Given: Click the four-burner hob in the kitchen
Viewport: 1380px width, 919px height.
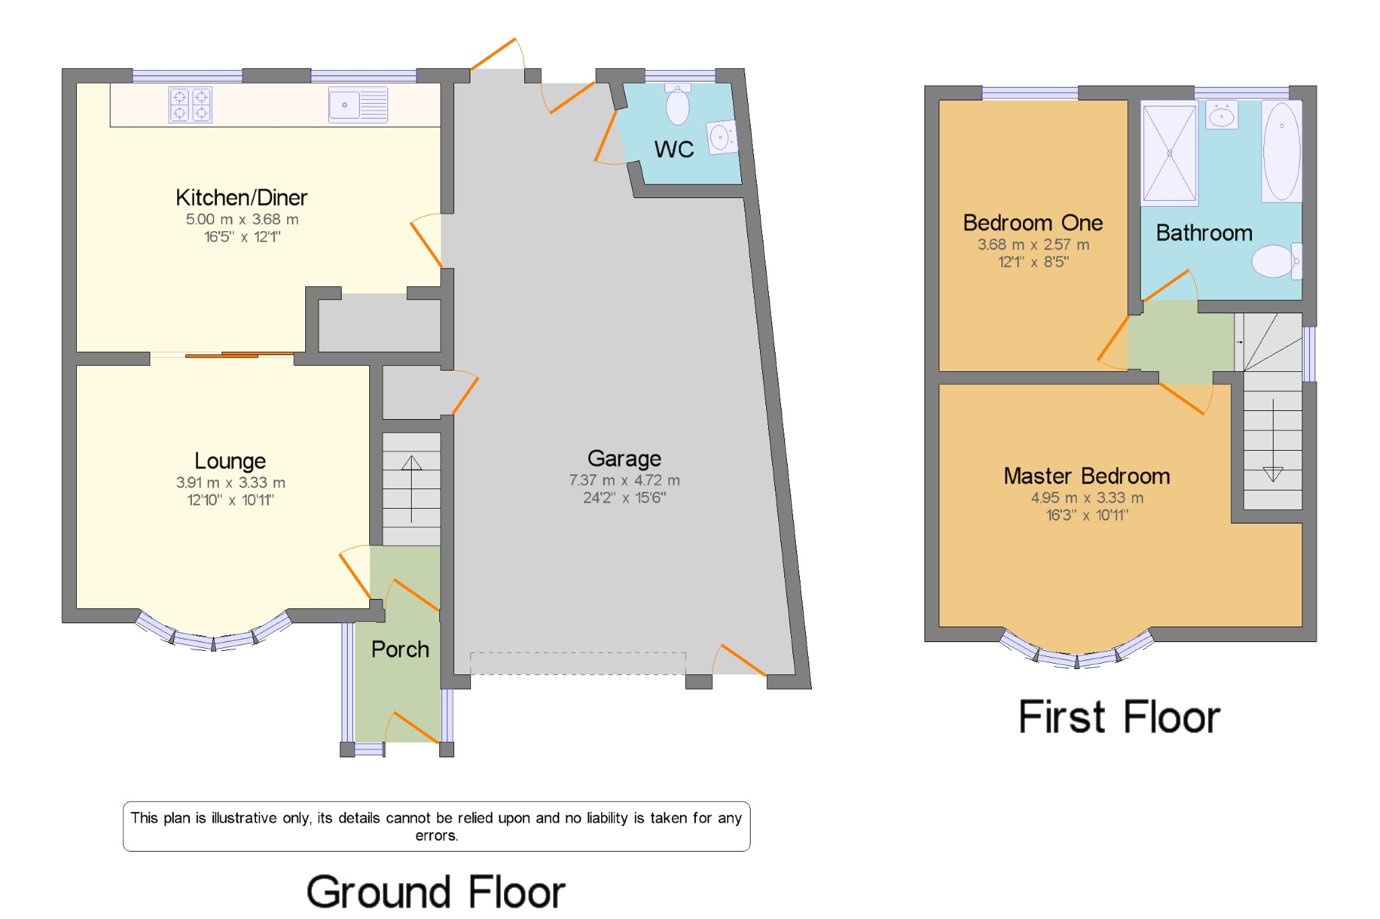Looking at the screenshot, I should point(190,105).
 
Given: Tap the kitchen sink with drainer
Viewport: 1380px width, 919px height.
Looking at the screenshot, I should point(358,105).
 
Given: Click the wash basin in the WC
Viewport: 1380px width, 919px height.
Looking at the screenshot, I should point(721,138).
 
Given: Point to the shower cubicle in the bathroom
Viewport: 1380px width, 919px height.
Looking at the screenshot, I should point(1169,154).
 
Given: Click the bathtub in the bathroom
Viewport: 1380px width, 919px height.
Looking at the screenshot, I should point(1281,151).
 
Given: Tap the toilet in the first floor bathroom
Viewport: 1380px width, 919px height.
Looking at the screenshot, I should point(1275,261).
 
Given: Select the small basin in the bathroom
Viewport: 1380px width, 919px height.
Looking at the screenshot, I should point(1221,116).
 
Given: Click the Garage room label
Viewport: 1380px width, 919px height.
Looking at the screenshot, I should point(624,459).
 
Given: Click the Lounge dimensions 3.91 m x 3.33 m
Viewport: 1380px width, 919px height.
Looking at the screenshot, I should point(230,483).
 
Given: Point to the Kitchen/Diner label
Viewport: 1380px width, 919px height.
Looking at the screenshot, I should point(241,197).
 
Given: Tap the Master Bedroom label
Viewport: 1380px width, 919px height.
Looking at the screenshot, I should point(1086,476).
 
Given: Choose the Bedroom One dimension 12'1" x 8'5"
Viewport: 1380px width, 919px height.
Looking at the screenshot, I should point(1033,262).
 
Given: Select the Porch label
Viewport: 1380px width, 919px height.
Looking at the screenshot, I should point(400,649).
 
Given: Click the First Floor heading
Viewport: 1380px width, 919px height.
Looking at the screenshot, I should point(1119,717).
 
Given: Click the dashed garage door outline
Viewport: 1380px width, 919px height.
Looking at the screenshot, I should point(577,663).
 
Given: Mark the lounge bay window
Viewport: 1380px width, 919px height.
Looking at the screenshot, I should point(214,637).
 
